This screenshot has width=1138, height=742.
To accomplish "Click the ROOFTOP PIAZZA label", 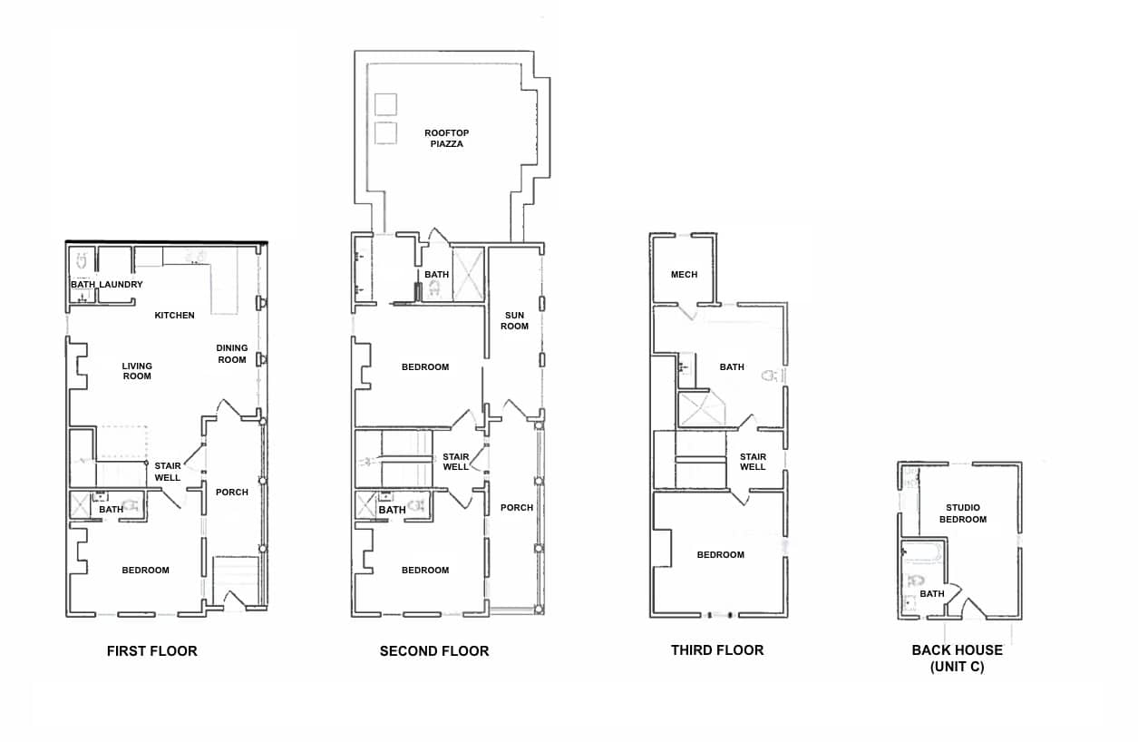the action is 446,138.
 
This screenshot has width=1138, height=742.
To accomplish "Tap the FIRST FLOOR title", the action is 152,651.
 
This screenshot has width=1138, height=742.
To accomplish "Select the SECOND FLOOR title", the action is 434,651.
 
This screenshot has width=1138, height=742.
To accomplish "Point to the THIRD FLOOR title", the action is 717,650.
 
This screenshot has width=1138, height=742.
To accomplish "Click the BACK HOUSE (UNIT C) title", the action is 958,659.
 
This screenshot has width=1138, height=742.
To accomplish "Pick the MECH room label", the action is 685,275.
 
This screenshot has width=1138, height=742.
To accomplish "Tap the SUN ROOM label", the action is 515,321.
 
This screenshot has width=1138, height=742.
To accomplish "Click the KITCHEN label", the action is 174,315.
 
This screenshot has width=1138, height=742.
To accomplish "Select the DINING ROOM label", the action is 231,354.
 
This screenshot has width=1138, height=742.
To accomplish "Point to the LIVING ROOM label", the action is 137,371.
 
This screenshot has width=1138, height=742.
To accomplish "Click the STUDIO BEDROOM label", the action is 963,513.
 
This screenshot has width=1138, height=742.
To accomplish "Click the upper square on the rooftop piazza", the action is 385,104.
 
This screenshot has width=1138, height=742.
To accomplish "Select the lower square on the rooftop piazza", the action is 385,133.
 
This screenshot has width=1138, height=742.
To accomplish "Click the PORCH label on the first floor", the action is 231,492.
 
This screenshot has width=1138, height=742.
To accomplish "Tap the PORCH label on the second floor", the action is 517,507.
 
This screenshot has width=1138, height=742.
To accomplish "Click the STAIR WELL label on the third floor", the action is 753,462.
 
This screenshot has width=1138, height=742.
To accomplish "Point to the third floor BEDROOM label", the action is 720,554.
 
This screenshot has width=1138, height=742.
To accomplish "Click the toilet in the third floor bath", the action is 769,376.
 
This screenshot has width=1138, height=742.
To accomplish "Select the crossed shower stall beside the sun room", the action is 469,275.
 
